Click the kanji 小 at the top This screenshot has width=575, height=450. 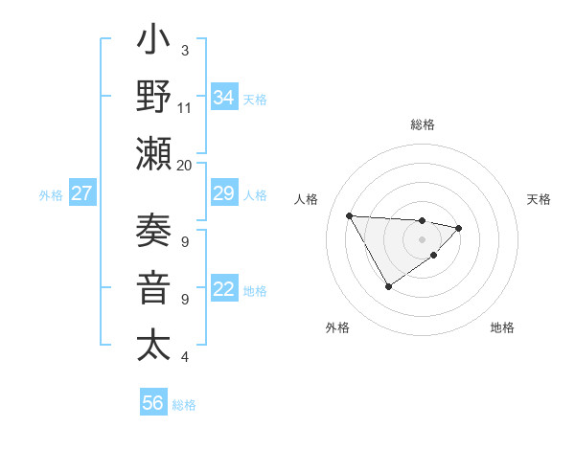click(153, 44)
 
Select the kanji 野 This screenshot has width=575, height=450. click(153, 99)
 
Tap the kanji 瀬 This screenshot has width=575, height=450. click(153, 153)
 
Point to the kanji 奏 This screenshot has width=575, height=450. click(153, 233)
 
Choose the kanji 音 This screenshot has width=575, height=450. click(153, 287)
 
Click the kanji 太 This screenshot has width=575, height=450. click(153, 343)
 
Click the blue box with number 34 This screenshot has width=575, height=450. click(223, 98)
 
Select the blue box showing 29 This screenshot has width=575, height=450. click(223, 194)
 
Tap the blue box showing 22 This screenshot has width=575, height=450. click(223, 290)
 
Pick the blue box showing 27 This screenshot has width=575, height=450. click(81, 194)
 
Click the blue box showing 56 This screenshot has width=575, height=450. click(152, 403)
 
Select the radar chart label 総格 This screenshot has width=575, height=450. click(422, 124)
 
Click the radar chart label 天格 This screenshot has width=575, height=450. click(540, 199)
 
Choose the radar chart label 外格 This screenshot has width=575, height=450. click(337, 327)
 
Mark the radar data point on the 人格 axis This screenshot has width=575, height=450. click(349, 214)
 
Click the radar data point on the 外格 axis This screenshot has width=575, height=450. click(388, 286)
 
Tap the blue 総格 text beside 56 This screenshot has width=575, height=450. click(184, 404)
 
